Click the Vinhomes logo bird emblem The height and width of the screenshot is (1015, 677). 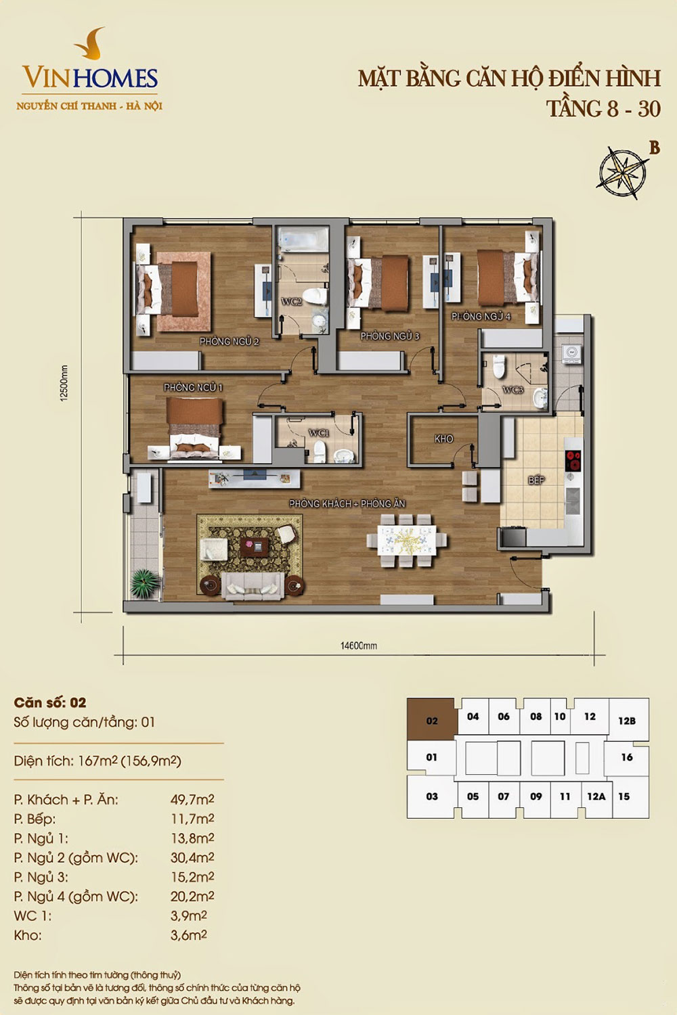click(91, 43)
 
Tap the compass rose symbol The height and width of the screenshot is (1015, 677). click(621, 172)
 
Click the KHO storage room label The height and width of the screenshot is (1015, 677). click(443, 438)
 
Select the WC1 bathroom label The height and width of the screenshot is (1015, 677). click(318, 433)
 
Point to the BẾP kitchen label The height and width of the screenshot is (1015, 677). click(536, 480)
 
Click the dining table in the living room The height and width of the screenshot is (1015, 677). click(407, 540)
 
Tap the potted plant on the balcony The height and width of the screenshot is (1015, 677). click(145, 583)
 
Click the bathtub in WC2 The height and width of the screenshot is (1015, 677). click(303, 239)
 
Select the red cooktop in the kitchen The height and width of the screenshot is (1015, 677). click(573, 460)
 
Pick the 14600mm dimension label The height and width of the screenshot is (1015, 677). click(359, 646)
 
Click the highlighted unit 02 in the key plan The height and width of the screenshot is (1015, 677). click(432, 721)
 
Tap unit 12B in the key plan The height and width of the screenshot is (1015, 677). click(627, 721)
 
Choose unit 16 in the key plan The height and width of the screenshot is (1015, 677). click(627, 757)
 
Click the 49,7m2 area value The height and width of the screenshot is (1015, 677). click(192, 799)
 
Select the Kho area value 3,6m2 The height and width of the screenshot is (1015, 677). click(189, 934)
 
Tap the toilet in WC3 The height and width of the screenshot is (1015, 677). click(499, 367)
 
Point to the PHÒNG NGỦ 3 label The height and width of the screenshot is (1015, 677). click(389, 336)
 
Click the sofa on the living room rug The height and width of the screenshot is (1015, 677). click(253, 587)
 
